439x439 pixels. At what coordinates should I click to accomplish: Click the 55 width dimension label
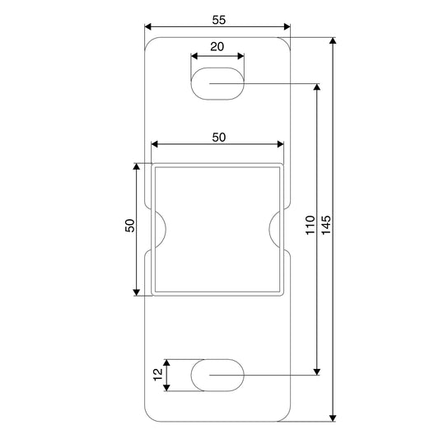point(218,20)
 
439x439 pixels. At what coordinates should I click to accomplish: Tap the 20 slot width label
point(217,47)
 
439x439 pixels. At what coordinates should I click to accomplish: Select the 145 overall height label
point(326,225)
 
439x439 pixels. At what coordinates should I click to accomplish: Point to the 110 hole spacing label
point(311,225)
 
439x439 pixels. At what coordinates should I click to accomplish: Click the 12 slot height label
point(158,374)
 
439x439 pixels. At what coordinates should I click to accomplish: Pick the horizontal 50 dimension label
point(218,138)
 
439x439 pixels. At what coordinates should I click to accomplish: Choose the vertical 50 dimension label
point(129,226)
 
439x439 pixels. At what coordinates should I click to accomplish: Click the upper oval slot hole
point(217,83)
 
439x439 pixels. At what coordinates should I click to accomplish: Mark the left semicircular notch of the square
point(166,229)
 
